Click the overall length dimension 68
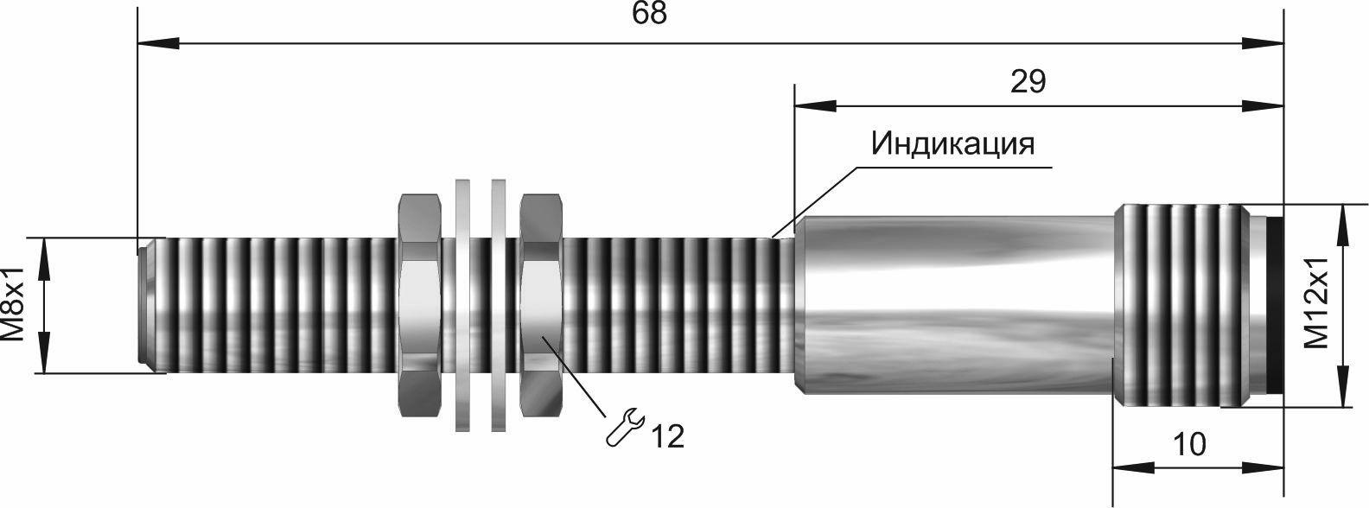(650, 14)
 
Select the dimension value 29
(1028, 82)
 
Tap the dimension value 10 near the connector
(1190, 444)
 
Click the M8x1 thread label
(13, 303)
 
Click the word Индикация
(952, 144)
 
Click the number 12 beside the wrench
(667, 436)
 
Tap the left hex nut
(419, 305)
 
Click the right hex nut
(541, 305)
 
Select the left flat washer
(463, 305)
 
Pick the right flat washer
(499, 305)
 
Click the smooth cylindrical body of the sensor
(954, 305)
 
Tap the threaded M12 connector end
(1181, 305)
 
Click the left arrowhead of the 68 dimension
(158, 43)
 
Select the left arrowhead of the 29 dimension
(815, 106)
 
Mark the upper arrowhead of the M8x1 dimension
(43, 258)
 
